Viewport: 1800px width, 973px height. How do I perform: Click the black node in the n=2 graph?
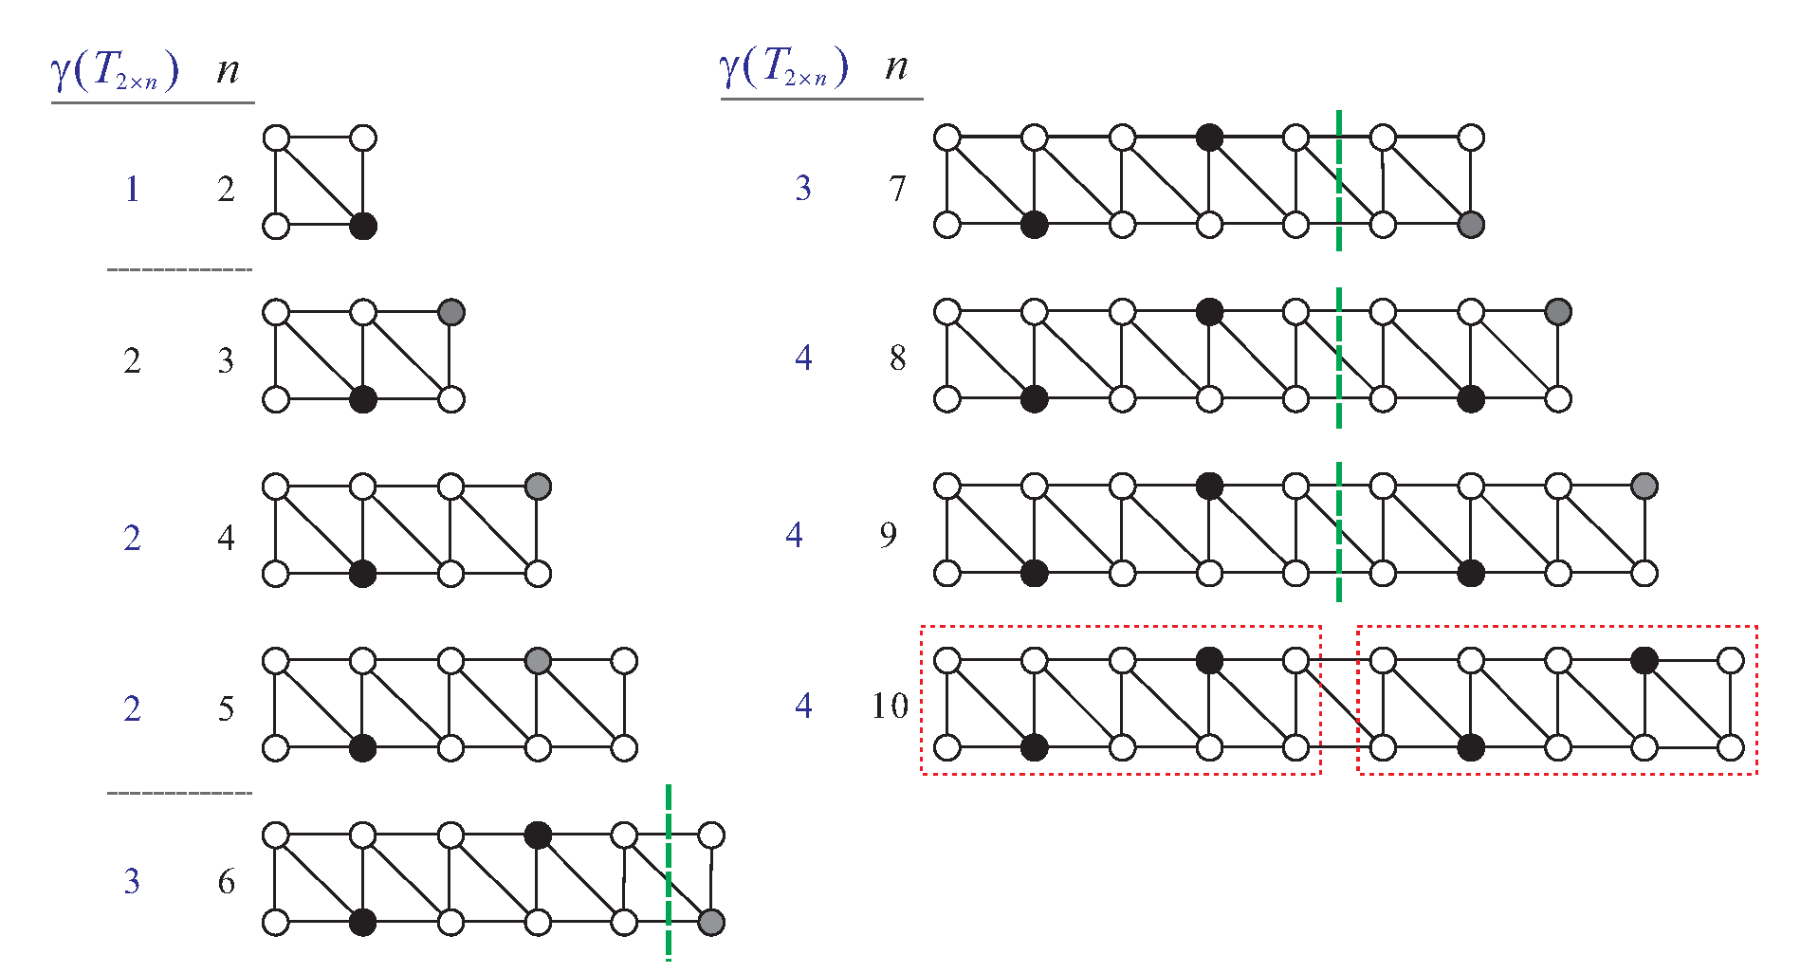pyautogui.click(x=363, y=226)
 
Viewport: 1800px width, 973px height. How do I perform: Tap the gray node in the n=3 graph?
pyautogui.click(x=451, y=312)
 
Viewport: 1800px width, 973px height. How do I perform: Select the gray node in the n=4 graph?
pyautogui.click(x=538, y=487)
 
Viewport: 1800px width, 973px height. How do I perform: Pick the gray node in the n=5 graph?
pyautogui.click(x=538, y=661)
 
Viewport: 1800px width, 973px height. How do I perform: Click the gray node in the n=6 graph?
pyautogui.click(x=711, y=922)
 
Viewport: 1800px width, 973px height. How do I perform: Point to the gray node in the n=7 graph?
pyautogui.click(x=1471, y=225)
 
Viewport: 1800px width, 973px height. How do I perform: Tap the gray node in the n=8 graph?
pyautogui.click(x=1558, y=311)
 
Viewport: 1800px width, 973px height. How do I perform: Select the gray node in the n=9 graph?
pyautogui.click(x=1644, y=486)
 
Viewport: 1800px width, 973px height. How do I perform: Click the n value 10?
pyautogui.click(x=890, y=706)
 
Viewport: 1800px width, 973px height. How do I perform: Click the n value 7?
pyautogui.click(x=897, y=189)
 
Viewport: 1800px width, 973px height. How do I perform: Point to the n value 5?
pyautogui.click(x=226, y=709)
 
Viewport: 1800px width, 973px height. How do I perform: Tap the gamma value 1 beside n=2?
pyautogui.click(x=132, y=190)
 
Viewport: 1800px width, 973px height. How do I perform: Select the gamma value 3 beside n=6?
pyautogui.click(x=132, y=882)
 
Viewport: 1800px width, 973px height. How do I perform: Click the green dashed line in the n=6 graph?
pyautogui.click(x=669, y=872)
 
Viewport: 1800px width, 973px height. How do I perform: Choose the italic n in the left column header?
pyautogui.click(x=228, y=70)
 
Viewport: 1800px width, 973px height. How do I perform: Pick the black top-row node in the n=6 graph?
pyautogui.click(x=538, y=835)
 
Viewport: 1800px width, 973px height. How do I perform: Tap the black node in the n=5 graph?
pyautogui.click(x=363, y=748)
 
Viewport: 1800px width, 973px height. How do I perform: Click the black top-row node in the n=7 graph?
pyautogui.click(x=1209, y=138)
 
